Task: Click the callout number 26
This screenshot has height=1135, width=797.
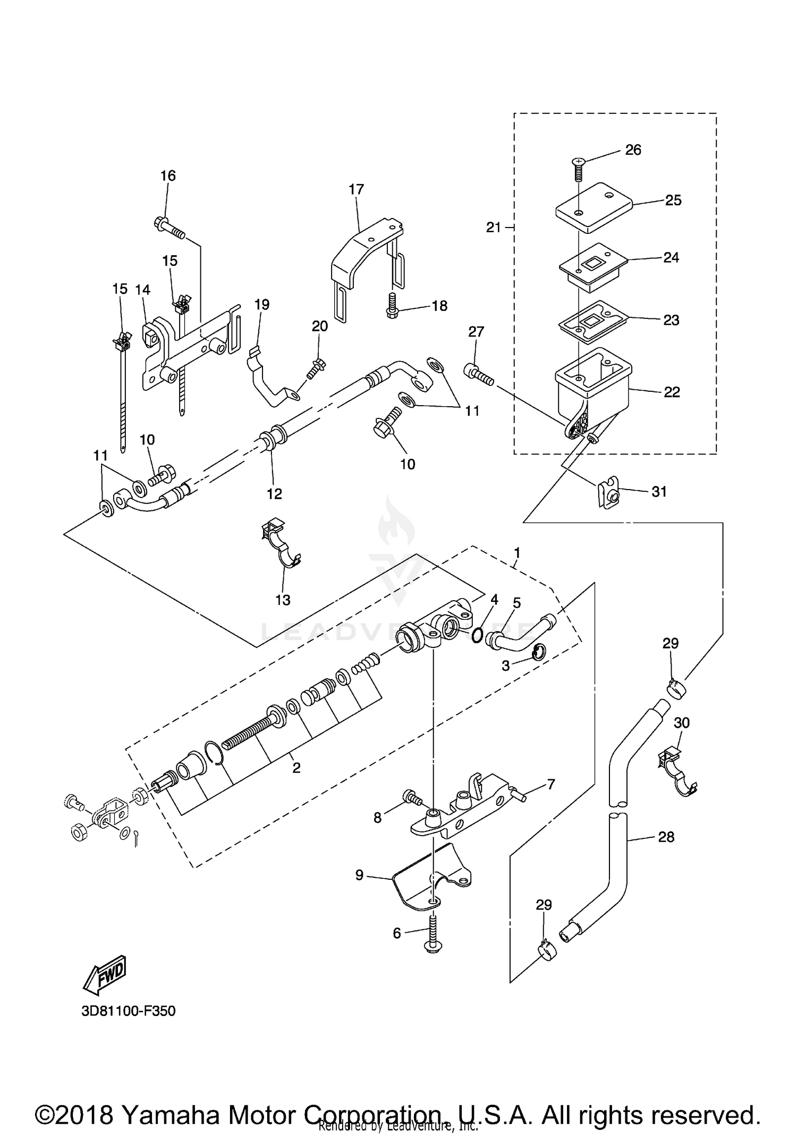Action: coord(633,150)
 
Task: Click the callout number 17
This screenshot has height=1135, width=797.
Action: coord(356,189)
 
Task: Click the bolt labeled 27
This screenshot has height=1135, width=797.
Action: coord(479,375)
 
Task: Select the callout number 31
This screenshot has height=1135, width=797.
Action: coord(659,492)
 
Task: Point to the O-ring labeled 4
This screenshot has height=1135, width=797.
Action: coord(477,634)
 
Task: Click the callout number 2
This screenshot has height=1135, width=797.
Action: coord(296,767)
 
